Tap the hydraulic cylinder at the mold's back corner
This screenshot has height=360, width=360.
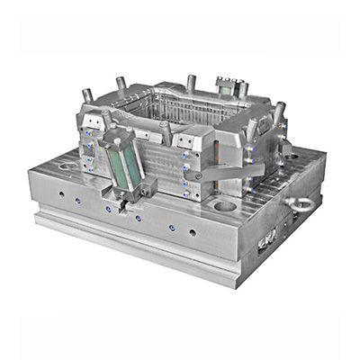(x=229, y=87)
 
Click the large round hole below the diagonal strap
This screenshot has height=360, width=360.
(x=225, y=205)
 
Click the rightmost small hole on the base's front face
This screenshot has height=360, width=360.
(x=193, y=232)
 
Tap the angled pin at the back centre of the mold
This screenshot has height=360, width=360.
(x=191, y=84)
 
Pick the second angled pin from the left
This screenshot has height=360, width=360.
(x=121, y=85)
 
